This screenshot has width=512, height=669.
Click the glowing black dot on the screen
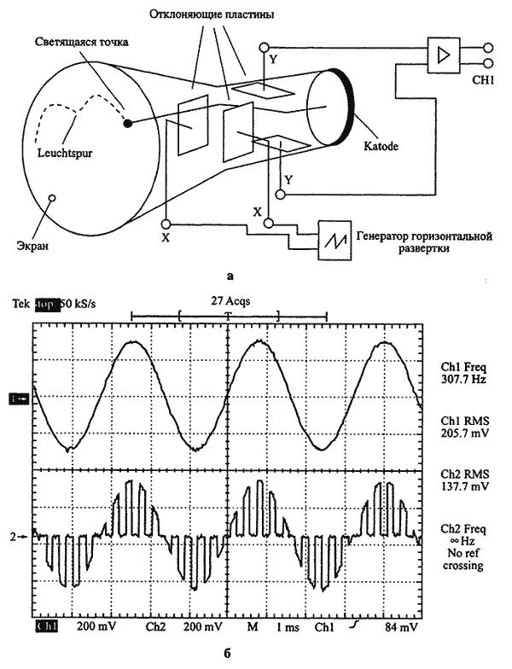click(x=127, y=123)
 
